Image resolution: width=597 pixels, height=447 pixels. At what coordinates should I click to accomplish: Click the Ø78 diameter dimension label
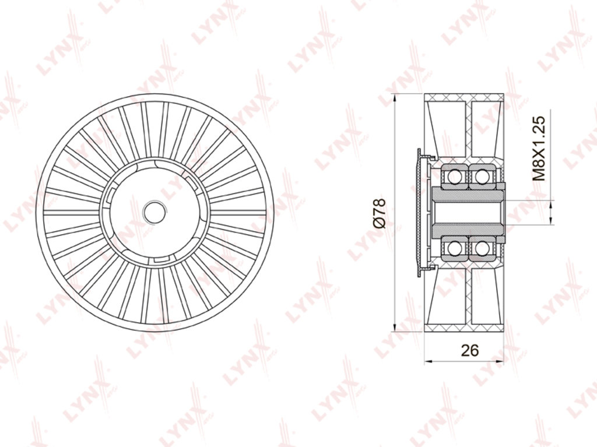pyautogui.click(x=380, y=213)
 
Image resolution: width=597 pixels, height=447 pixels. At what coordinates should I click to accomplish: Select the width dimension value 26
pyautogui.click(x=469, y=350)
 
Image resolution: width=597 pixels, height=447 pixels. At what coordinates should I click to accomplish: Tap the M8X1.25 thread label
pyautogui.click(x=539, y=148)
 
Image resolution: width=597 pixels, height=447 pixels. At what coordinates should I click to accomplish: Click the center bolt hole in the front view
pyautogui.click(x=154, y=213)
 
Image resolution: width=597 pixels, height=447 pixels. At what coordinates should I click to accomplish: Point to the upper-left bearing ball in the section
pyautogui.click(x=454, y=176)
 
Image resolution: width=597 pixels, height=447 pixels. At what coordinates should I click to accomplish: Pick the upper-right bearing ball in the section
pyautogui.click(x=482, y=176)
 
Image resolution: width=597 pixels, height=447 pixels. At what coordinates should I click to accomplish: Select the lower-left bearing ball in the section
pyautogui.click(x=454, y=249)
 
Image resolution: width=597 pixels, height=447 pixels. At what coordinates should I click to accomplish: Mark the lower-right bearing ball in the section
pyautogui.click(x=482, y=249)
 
